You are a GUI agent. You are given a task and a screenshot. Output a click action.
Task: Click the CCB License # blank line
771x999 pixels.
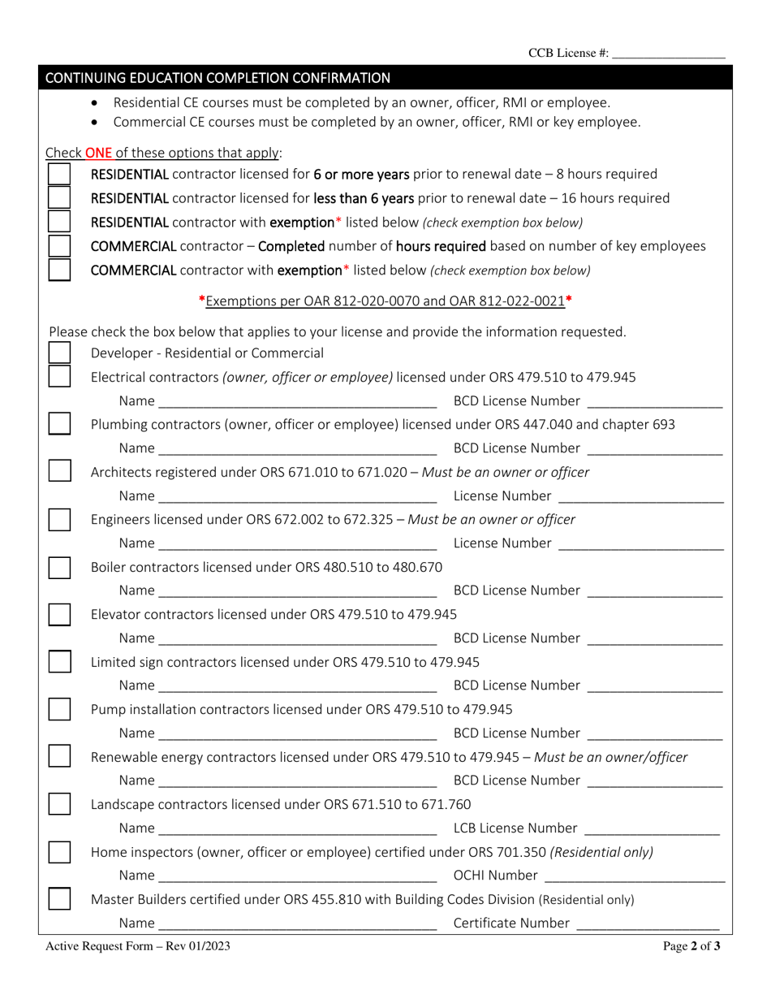pyautogui.click(x=668, y=55)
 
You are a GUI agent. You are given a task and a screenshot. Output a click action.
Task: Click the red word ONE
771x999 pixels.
pyautogui.click(x=98, y=153)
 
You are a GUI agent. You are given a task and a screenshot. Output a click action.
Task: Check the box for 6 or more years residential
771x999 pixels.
pyautogui.click(x=59, y=175)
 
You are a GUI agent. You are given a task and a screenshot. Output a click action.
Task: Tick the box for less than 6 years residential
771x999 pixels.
pyautogui.click(x=59, y=198)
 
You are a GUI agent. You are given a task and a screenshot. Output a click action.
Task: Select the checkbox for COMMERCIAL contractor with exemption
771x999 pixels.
pyautogui.click(x=59, y=270)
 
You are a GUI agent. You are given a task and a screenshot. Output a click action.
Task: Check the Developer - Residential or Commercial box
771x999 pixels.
pyautogui.click(x=59, y=353)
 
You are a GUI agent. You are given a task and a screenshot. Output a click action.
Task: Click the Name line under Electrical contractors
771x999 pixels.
pyautogui.click(x=298, y=402)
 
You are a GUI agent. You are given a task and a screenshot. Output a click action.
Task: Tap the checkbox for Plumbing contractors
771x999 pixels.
pyautogui.click(x=59, y=424)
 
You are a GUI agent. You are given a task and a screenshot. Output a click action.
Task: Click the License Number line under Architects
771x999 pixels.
pyautogui.click(x=641, y=497)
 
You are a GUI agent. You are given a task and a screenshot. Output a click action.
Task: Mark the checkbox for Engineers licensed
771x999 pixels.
pyautogui.click(x=59, y=520)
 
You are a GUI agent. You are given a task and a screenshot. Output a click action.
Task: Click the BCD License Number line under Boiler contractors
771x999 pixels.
pyautogui.click(x=654, y=592)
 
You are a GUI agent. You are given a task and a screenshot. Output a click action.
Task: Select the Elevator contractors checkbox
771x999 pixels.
pyautogui.click(x=59, y=615)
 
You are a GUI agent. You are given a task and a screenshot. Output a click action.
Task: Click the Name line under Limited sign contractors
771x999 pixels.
pyautogui.click(x=298, y=687)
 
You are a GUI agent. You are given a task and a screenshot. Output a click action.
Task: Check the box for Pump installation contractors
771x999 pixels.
pyautogui.click(x=59, y=710)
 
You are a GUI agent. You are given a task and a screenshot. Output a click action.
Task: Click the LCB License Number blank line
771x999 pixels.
pyautogui.click(x=652, y=829)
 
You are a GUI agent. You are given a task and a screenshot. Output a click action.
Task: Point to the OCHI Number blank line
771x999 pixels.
pyautogui.click(x=635, y=876)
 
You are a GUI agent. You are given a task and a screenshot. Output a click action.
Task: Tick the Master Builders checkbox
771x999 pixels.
pyautogui.click(x=59, y=899)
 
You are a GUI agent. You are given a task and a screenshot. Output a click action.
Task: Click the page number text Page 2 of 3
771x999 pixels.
pyautogui.click(x=691, y=945)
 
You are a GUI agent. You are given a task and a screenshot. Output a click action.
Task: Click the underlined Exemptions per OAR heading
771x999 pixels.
pyautogui.click(x=385, y=301)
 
